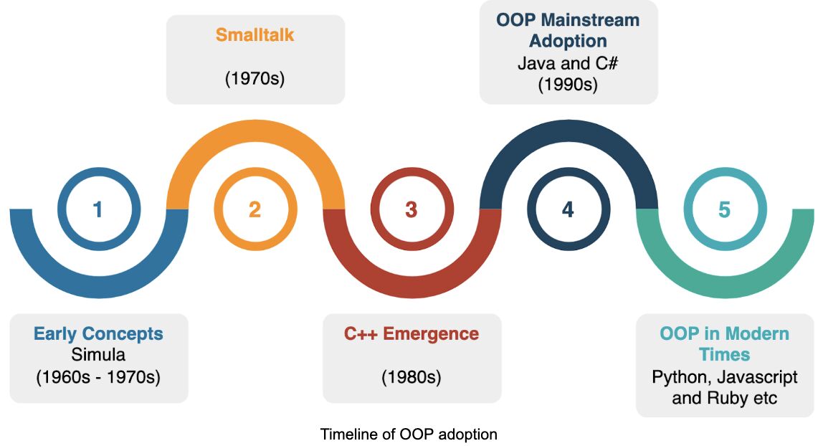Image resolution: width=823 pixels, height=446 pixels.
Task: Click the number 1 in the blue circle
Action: click(x=98, y=209)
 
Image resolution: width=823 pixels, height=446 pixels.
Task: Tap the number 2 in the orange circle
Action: click(x=255, y=209)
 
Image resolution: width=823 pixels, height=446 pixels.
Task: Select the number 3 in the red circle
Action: click(x=411, y=209)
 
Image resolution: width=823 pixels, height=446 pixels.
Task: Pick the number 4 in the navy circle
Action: click(x=568, y=209)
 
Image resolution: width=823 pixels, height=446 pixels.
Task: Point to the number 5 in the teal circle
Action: click(x=724, y=209)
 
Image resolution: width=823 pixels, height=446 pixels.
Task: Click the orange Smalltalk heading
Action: click(x=255, y=34)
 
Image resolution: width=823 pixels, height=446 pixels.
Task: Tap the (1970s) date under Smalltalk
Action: click(x=255, y=78)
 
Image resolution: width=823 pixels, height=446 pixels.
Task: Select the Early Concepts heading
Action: click(x=98, y=333)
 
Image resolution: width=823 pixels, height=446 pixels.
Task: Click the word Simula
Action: click(x=98, y=354)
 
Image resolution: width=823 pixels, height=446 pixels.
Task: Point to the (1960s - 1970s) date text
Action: click(x=98, y=376)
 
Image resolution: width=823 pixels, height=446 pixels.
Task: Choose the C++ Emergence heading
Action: click(x=412, y=333)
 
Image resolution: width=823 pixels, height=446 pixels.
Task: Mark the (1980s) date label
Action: click(x=412, y=376)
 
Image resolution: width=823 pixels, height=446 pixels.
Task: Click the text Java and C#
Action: click(x=568, y=63)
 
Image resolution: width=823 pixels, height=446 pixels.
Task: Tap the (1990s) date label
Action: click(x=568, y=84)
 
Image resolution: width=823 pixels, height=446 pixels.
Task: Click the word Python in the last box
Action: click(x=677, y=377)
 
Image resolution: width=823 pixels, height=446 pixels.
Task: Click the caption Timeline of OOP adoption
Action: click(x=409, y=434)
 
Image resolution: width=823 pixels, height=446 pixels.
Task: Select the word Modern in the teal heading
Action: click(x=755, y=333)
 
